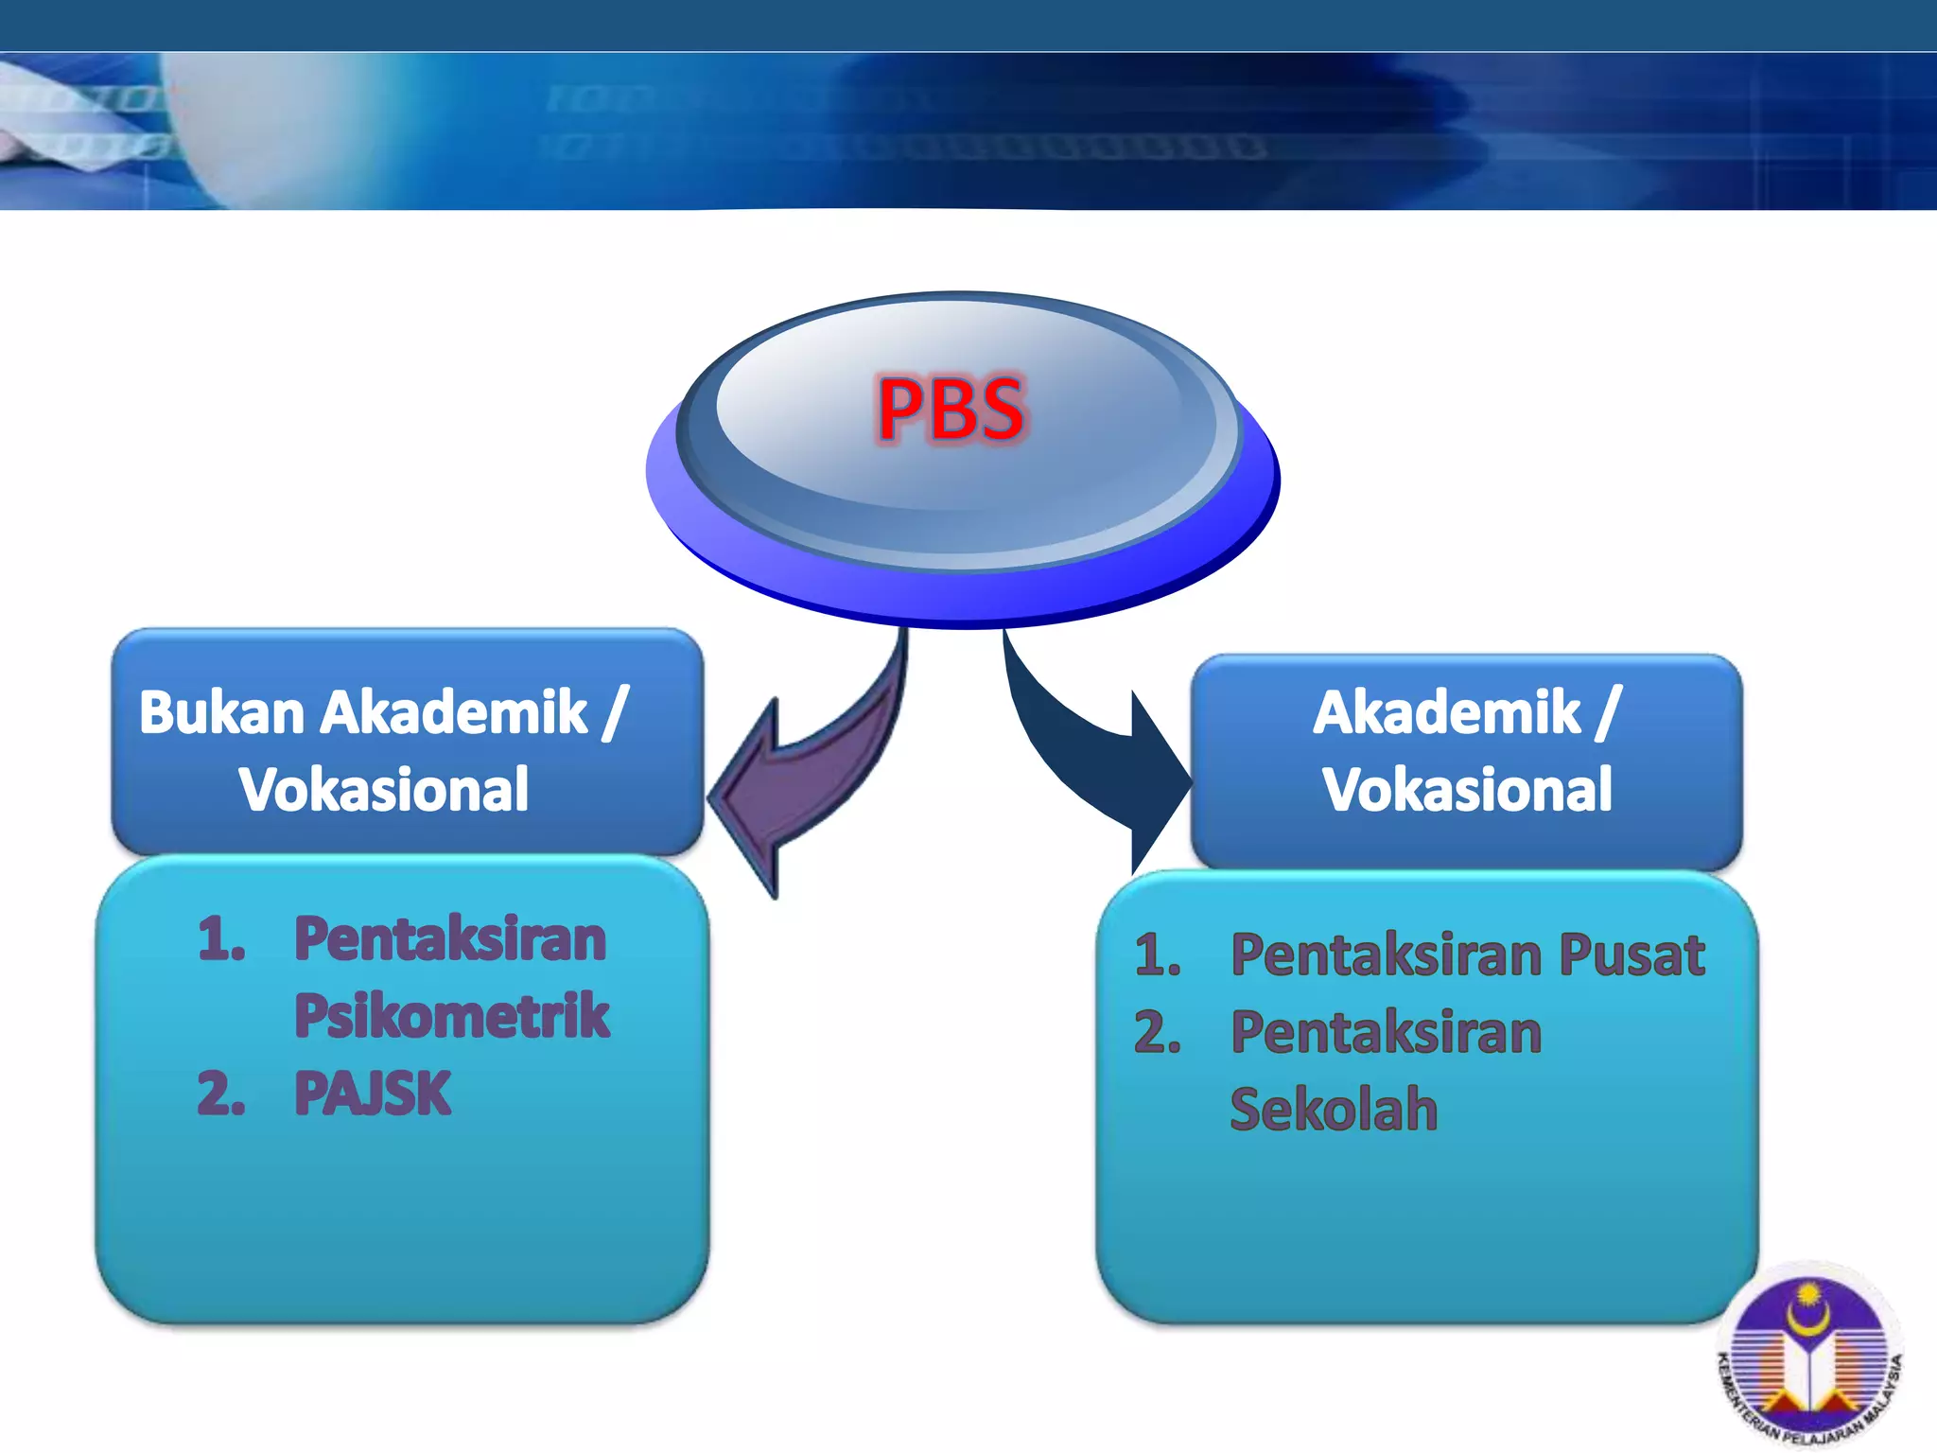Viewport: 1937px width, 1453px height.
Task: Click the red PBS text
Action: pyautogui.click(x=950, y=410)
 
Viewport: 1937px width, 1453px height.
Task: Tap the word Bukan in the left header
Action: pyautogui.click(x=221, y=712)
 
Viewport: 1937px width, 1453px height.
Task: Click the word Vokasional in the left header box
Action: pyautogui.click(x=383, y=790)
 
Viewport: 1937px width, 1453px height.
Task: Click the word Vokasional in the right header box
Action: pyautogui.click(x=1466, y=790)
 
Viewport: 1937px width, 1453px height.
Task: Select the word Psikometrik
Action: pyautogui.click(x=451, y=1016)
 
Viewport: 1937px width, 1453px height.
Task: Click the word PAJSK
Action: pyautogui.click(x=372, y=1094)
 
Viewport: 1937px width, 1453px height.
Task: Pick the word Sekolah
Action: pyautogui.click(x=1333, y=1109)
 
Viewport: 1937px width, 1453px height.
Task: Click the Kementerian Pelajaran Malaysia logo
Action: pyautogui.click(x=1808, y=1357)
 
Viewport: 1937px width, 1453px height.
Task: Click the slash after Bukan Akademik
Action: pyautogui.click(x=615, y=712)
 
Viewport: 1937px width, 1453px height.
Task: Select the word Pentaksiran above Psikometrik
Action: pyautogui.click(x=449, y=939)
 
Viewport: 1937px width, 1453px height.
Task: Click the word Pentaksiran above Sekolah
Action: pyautogui.click(x=1386, y=1032)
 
